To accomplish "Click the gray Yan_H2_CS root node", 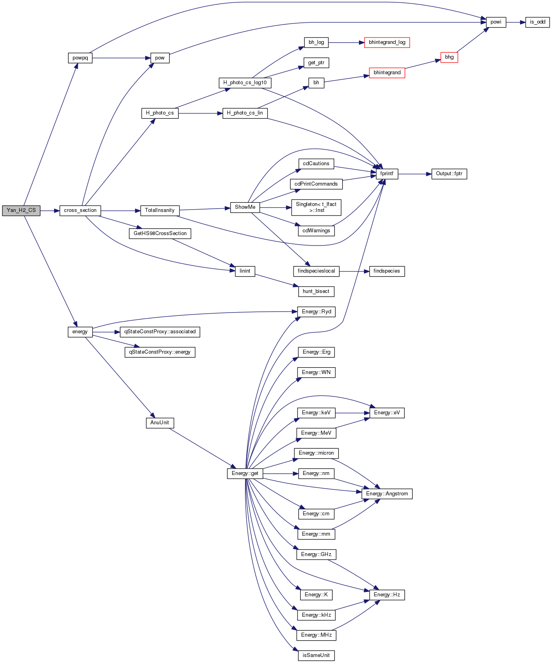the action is coord(21,210).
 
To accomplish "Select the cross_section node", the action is coord(80,210).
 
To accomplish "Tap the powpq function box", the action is coord(80,58).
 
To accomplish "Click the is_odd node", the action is coord(538,22).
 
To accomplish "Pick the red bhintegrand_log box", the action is coord(387,42).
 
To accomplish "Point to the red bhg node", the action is coord(449,57).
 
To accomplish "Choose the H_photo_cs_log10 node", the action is coord(245,83).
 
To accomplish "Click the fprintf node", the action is coord(387,174).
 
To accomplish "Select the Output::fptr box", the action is coord(449,174).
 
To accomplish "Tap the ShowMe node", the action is coord(245,207).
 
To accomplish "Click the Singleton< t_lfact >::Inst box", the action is coord(316,207).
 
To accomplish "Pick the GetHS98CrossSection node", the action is coord(160,234).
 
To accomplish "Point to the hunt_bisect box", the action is coord(316,291).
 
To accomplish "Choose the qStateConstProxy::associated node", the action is coord(160,332).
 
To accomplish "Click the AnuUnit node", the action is coord(160,423).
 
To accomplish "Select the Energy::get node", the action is coord(245,473).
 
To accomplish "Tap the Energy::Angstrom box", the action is coord(387,494).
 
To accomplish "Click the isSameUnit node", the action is coord(316,655).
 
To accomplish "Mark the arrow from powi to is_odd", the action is coord(516,22).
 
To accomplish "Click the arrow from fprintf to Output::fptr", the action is coord(415,174).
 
